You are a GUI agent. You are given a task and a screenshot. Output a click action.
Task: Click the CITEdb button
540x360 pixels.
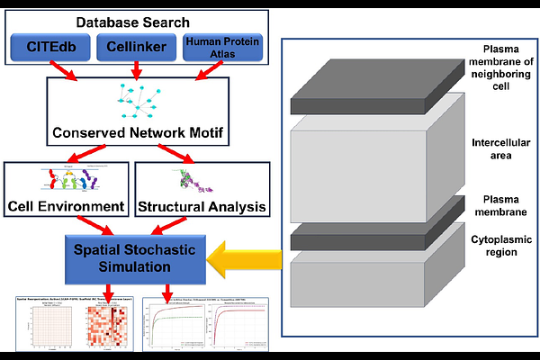(49, 47)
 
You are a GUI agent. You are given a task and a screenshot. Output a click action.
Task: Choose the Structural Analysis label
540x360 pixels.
(202, 206)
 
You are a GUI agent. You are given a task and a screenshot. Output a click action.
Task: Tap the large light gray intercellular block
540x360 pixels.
(369, 157)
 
